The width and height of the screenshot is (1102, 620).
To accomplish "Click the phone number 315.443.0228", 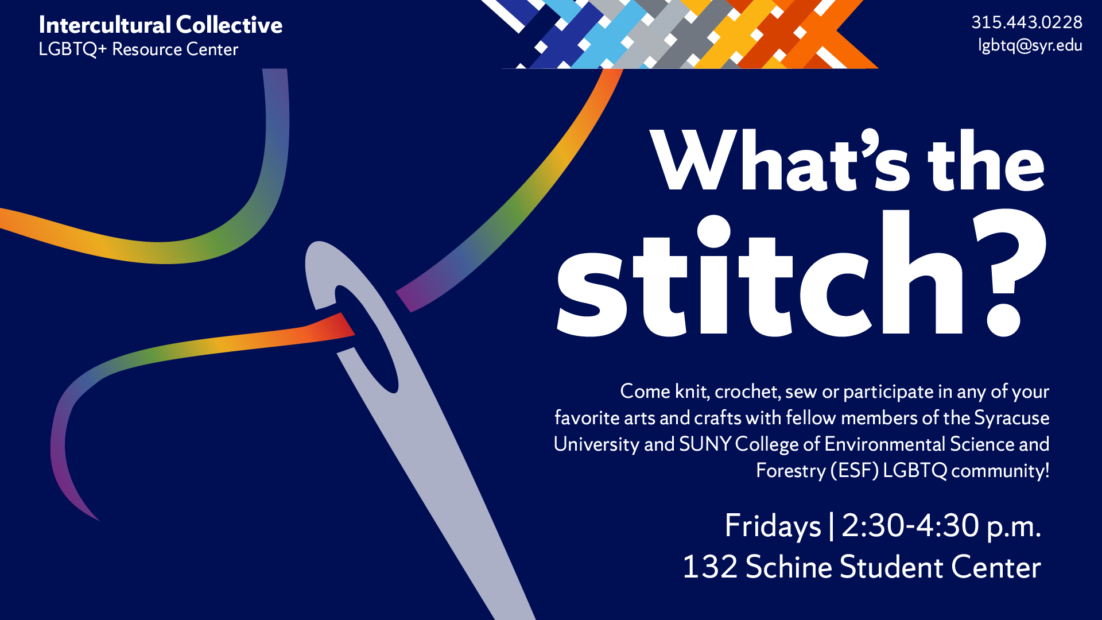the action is pyautogui.click(x=1026, y=22).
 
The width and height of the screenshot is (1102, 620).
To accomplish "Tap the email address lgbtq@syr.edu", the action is pyautogui.click(x=1030, y=45).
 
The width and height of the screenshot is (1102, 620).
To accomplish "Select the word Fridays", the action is pyautogui.click(x=773, y=526).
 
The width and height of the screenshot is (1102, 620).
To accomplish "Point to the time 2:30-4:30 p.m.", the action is pyautogui.click(x=941, y=526).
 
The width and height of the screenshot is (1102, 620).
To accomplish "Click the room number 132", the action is pyautogui.click(x=709, y=567).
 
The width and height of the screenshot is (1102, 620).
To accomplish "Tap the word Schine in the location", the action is pyautogui.click(x=789, y=567).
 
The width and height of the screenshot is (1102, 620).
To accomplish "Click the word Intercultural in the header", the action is pyautogui.click(x=105, y=25).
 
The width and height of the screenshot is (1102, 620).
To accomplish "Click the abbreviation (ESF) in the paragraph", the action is pyautogui.click(x=855, y=471).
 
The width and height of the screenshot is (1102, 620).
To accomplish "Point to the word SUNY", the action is pyautogui.click(x=705, y=444).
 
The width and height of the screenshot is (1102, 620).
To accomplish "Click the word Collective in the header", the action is pyautogui.click(x=229, y=25).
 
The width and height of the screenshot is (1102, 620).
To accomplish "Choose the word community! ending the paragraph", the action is pyautogui.click(x=1000, y=471).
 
